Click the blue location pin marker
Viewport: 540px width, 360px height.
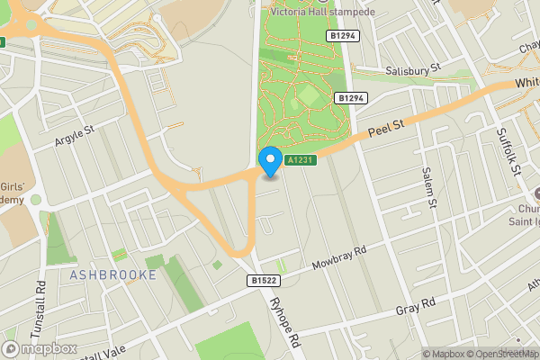click(269, 162)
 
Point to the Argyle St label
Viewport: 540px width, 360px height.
click(74, 135)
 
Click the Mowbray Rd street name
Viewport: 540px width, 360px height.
click(339, 258)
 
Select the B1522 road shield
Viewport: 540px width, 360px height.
click(263, 281)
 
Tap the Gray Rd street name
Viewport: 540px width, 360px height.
click(416, 307)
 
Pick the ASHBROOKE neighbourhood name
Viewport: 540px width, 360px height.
click(113, 274)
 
